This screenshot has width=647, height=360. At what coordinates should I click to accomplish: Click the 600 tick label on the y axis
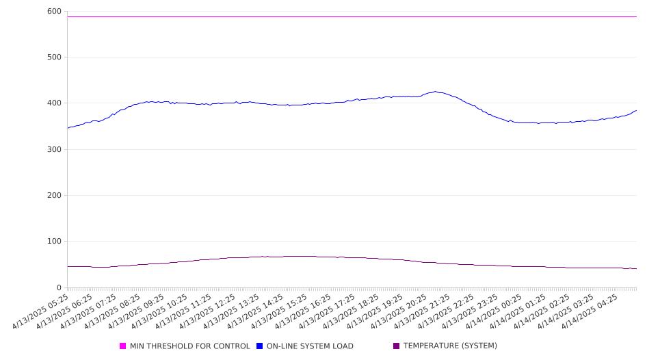click(54, 12)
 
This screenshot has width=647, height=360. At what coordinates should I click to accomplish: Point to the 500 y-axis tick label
click(54, 57)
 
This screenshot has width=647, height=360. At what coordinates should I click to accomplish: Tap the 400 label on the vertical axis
click(54, 103)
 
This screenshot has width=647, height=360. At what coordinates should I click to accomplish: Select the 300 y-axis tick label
click(54, 149)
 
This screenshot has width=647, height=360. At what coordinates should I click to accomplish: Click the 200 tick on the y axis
click(54, 195)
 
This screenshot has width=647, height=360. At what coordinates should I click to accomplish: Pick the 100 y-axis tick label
click(54, 241)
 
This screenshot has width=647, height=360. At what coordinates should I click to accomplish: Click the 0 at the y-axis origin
click(59, 287)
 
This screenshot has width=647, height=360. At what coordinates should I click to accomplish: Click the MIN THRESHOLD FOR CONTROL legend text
click(190, 346)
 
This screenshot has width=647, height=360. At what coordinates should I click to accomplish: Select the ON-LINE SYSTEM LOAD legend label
click(310, 346)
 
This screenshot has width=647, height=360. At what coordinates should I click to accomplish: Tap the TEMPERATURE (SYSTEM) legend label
click(450, 346)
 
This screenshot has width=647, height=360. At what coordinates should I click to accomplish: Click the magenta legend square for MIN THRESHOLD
click(122, 346)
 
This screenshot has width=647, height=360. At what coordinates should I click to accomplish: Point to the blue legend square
click(259, 346)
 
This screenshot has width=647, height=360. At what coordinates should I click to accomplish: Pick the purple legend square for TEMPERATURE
click(397, 346)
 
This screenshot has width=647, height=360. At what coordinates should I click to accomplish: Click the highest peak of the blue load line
click(435, 92)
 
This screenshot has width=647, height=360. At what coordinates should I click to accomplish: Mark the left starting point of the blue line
click(68, 128)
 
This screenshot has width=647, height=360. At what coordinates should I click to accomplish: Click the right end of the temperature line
click(637, 269)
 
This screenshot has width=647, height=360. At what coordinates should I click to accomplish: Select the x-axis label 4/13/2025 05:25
click(40, 311)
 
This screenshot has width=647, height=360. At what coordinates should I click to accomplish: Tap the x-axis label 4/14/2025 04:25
click(590, 311)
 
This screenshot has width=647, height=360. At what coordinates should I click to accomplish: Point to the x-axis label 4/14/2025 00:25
click(494, 311)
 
